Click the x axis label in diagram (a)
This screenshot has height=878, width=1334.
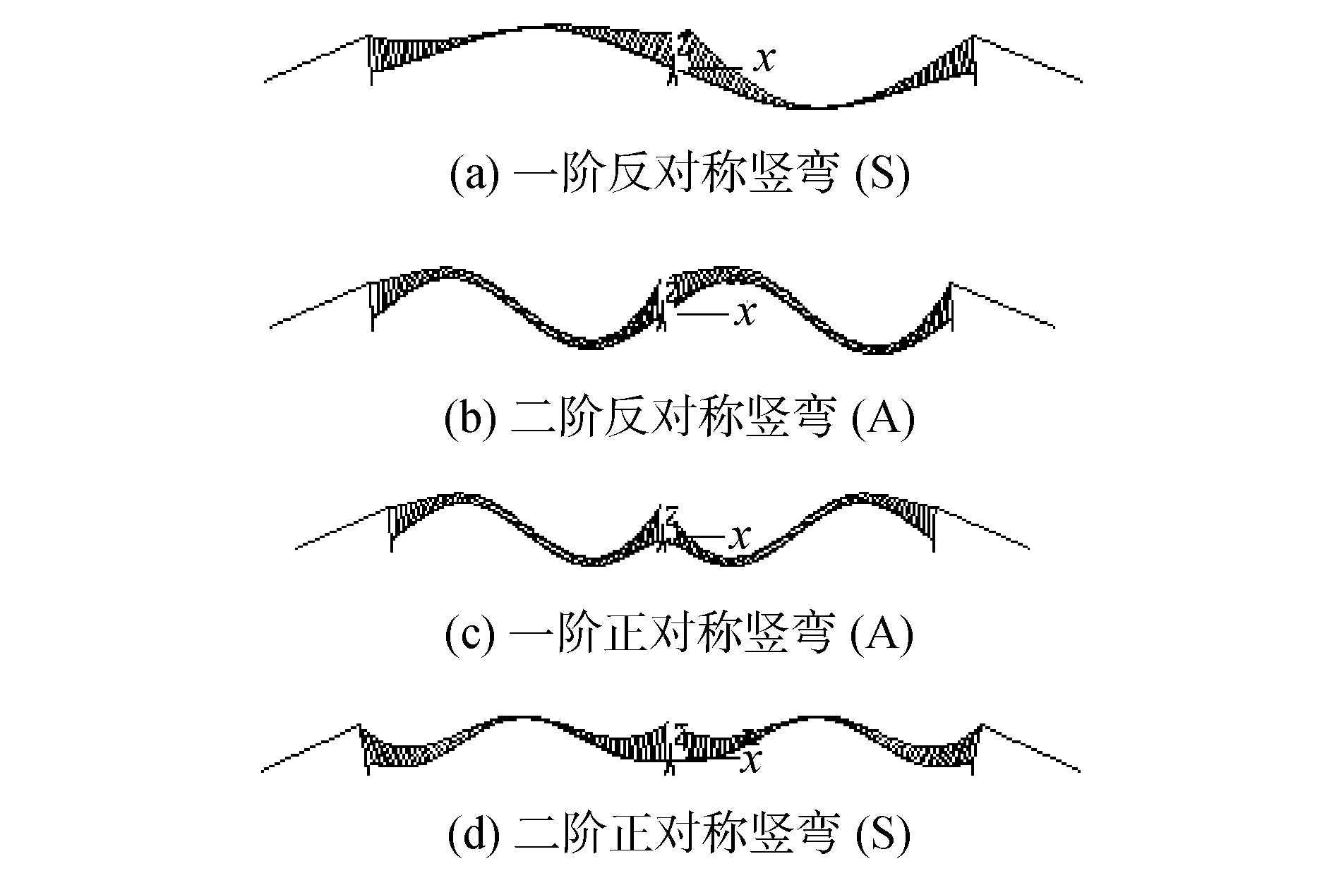click(x=763, y=61)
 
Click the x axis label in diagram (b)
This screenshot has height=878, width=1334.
click(x=744, y=315)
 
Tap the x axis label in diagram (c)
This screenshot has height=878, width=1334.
click(x=738, y=539)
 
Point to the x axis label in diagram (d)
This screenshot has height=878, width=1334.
click(x=753, y=762)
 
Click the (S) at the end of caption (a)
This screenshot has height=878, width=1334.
click(x=882, y=174)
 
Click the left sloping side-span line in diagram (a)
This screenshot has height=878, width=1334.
click(x=317, y=59)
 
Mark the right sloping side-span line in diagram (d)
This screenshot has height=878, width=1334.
click(x=1031, y=749)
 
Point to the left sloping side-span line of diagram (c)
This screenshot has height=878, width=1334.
click(x=343, y=528)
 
